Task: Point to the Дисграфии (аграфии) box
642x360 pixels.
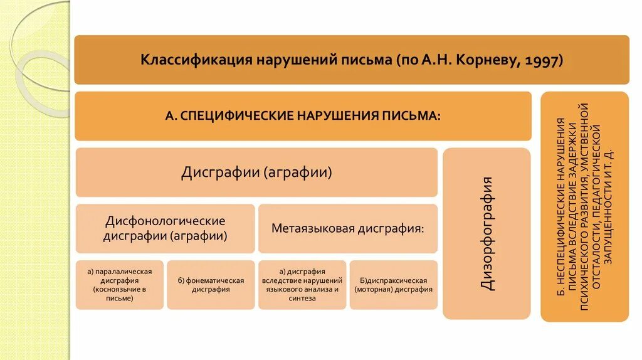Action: [x=256, y=172]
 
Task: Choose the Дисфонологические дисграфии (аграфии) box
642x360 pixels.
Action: [x=166, y=229]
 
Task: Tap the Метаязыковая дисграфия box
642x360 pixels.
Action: [x=347, y=228]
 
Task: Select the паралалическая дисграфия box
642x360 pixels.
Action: [x=119, y=285]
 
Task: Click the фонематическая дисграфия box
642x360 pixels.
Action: [x=211, y=285]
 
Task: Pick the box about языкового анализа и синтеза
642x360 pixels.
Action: [x=302, y=285]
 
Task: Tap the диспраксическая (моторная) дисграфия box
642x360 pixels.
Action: [x=394, y=285]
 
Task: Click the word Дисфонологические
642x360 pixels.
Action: [x=166, y=221]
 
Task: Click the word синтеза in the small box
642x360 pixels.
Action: [x=302, y=299]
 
